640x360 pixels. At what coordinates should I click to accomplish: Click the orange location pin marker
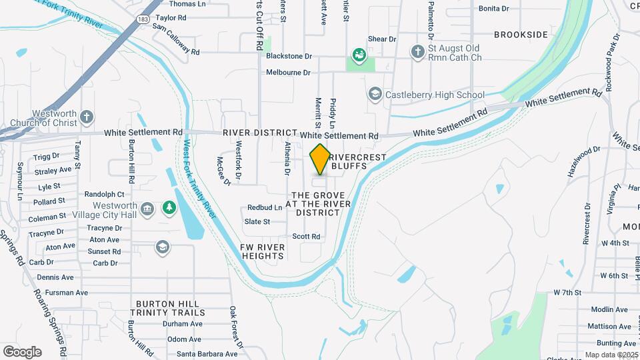[x=320, y=159]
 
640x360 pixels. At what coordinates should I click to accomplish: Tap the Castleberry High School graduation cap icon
[x=375, y=95]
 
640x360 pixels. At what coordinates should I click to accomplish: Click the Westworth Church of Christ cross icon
[x=87, y=118]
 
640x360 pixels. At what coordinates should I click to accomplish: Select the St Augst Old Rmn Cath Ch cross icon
[x=418, y=52]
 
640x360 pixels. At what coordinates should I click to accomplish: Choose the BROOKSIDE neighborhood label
[x=521, y=35]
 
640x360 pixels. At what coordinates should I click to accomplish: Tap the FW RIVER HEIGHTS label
[x=263, y=251]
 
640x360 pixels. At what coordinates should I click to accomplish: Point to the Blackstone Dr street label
[x=289, y=57]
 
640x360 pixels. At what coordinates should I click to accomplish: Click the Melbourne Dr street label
[x=289, y=72]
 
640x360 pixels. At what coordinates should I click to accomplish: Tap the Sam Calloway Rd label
[x=175, y=39]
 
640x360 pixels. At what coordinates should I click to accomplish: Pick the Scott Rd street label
[x=306, y=236]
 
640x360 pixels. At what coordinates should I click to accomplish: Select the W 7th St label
[x=567, y=292]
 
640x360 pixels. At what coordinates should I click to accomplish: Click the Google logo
[x=22, y=352]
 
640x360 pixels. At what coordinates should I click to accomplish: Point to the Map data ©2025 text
[x=610, y=355]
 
